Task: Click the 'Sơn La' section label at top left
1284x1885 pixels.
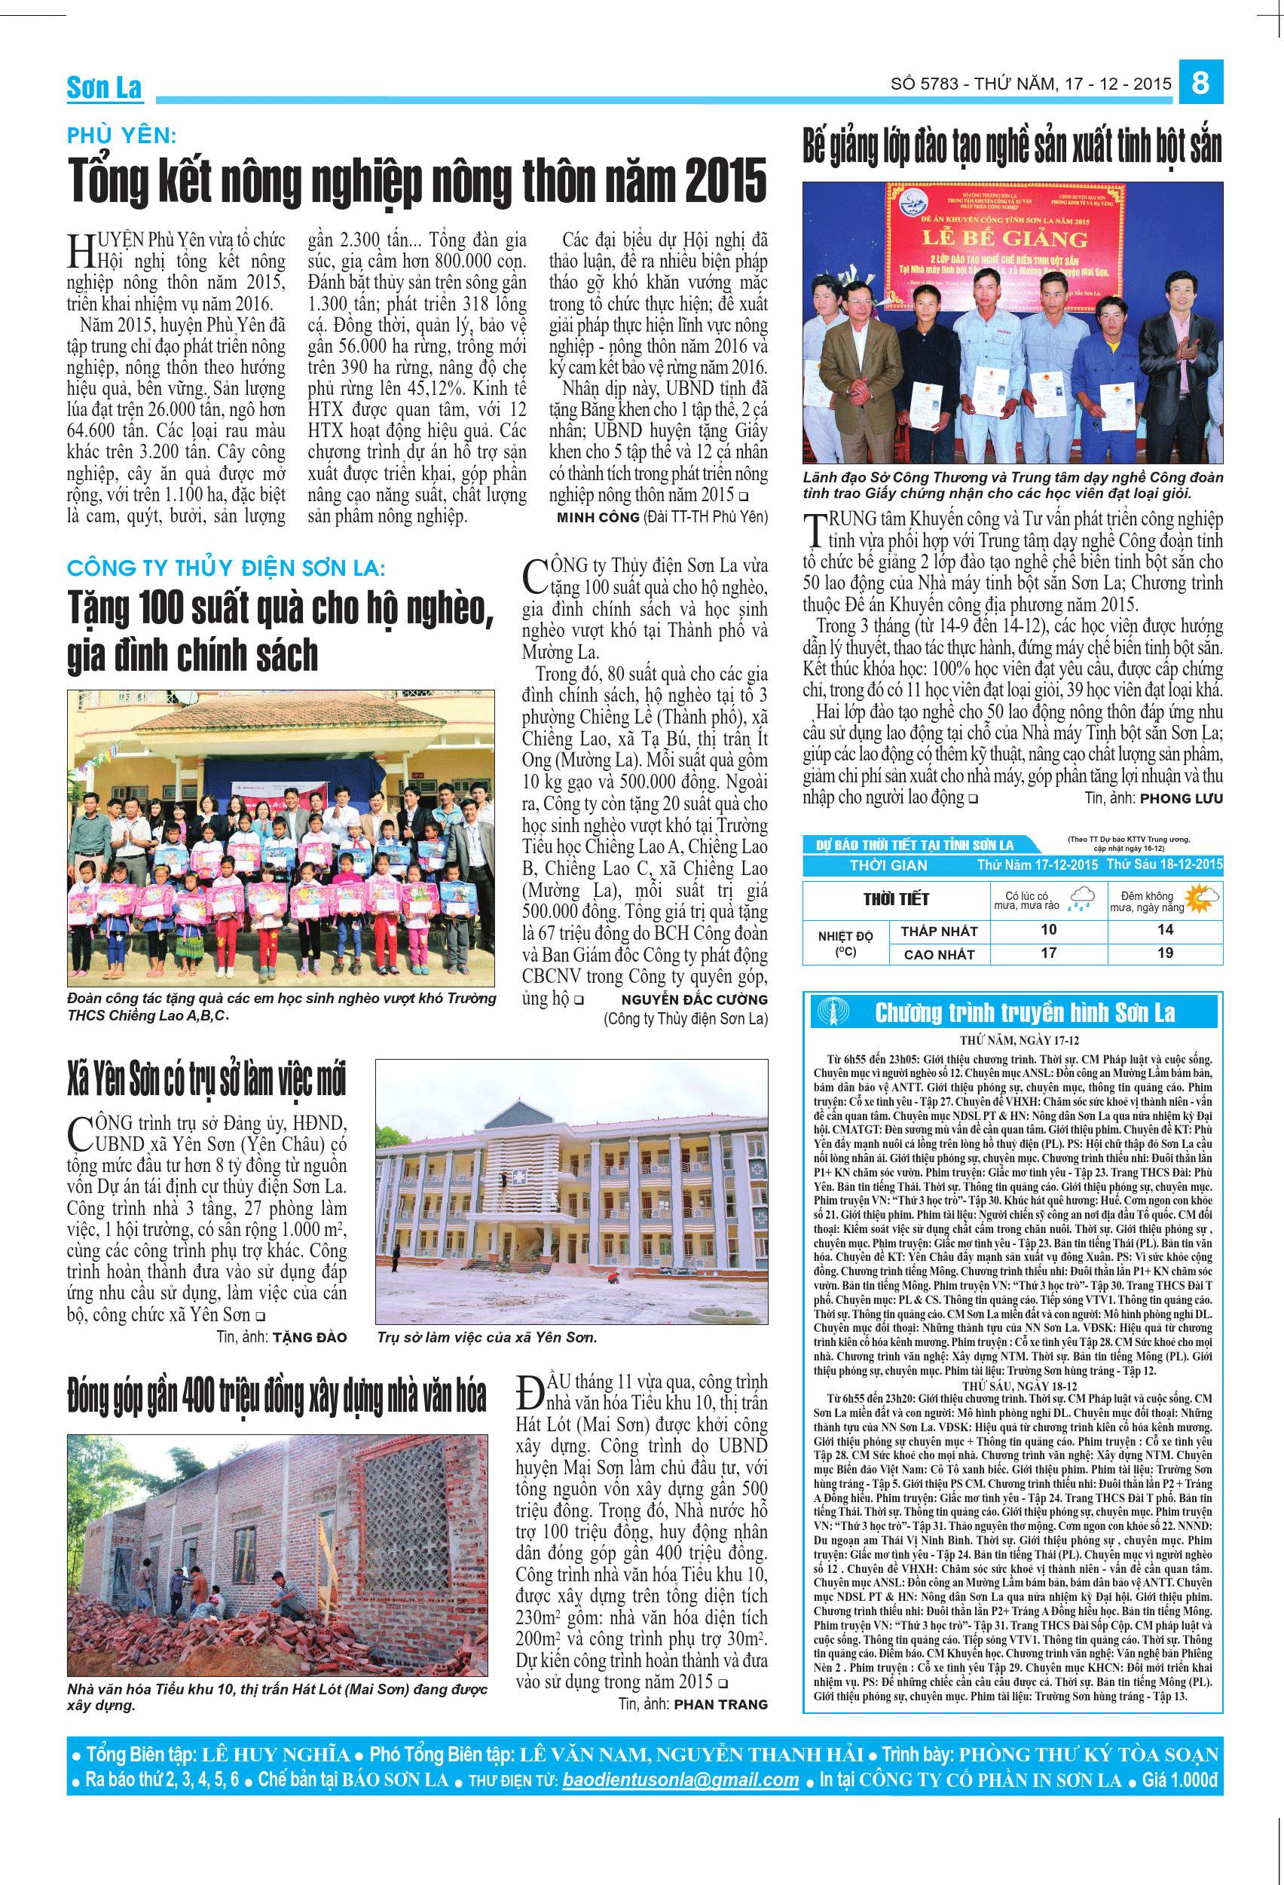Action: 104,88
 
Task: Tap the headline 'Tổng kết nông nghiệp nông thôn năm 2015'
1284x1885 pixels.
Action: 417,182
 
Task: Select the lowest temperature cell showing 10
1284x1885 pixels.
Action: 1048,930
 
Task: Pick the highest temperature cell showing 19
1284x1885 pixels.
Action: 1166,953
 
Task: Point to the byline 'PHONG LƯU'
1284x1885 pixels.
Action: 1181,798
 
